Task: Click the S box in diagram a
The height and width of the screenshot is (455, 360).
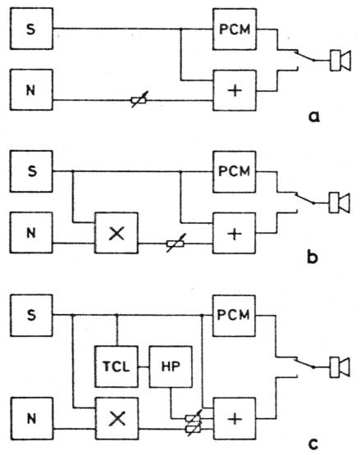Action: tap(32, 29)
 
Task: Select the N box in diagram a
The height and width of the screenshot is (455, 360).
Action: tap(32, 89)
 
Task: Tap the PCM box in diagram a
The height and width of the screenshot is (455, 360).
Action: tap(235, 29)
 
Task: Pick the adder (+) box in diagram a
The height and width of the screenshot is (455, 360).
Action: tap(235, 90)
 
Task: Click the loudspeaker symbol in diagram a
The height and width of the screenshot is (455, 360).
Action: tap(340, 61)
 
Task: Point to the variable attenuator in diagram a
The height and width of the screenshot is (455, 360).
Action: tap(139, 100)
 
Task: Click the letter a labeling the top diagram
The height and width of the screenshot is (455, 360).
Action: tap(313, 116)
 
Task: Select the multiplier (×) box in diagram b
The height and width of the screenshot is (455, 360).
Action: tap(116, 233)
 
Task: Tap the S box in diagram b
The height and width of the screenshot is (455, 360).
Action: tap(31, 171)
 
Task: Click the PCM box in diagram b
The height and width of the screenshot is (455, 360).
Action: tap(234, 172)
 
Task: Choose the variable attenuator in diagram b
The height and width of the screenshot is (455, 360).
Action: tap(175, 243)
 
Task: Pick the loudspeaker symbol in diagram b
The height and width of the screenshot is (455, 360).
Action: tap(339, 202)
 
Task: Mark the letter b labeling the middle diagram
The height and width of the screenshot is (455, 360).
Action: tap(312, 257)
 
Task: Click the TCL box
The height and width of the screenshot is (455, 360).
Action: tap(116, 366)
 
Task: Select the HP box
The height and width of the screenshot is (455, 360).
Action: tap(171, 366)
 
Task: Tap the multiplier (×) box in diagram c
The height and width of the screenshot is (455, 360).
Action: tap(117, 418)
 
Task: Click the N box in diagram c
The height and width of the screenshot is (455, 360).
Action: tap(32, 418)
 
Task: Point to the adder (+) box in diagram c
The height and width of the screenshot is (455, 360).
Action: tap(235, 419)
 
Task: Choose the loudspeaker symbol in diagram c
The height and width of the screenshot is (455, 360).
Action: tap(339, 367)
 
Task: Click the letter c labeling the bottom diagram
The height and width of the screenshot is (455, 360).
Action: tap(312, 444)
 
